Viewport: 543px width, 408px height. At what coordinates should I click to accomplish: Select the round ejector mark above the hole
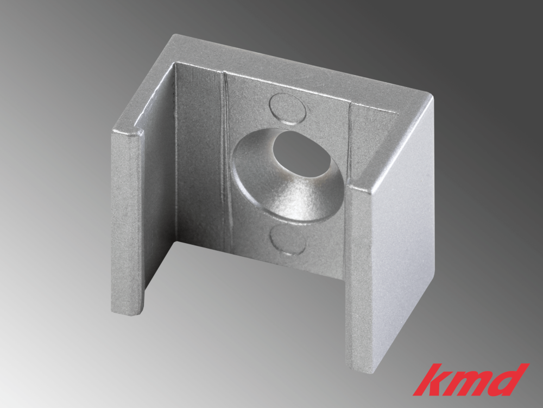pos(288,107)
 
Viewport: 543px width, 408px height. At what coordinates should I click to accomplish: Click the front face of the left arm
pos(128,223)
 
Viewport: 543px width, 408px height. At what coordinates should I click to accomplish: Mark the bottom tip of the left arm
pos(128,311)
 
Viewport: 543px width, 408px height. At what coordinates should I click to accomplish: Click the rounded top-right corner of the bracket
pos(429,98)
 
